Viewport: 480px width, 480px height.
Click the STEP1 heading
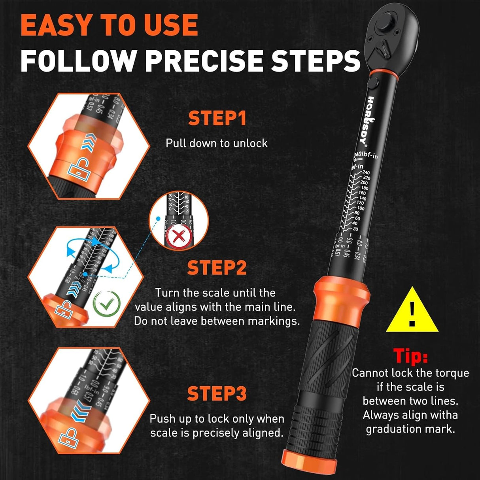pyautogui.click(x=217, y=118)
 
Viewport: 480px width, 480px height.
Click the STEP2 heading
pyautogui.click(x=217, y=268)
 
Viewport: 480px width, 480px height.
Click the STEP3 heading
pyautogui.click(x=217, y=393)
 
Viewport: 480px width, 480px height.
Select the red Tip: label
pyautogui.click(x=410, y=355)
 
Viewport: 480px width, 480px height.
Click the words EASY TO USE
pyautogui.click(x=109, y=25)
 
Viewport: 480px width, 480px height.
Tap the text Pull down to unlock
pyautogui.click(x=216, y=143)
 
